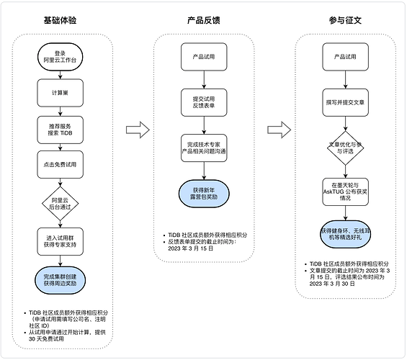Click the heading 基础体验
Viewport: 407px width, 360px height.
coord(60,20)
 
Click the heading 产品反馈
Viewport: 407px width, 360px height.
coord(204,20)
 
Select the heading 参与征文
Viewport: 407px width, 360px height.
coord(345,20)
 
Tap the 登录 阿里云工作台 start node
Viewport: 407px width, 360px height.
coord(61,57)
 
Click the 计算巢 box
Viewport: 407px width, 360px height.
coord(61,93)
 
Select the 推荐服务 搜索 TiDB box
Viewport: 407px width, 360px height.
coord(61,130)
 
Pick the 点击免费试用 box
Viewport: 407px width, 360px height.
coord(61,164)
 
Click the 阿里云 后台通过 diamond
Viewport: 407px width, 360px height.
coord(61,204)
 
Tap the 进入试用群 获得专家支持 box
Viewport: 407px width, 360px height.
coord(61,241)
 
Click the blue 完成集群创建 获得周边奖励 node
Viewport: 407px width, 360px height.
coord(61,280)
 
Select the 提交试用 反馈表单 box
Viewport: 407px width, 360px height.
coord(204,102)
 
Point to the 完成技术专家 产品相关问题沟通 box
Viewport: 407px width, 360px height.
coord(204,148)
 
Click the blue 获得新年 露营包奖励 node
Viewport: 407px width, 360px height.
coord(204,194)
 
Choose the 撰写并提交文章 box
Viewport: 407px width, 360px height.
coord(346,102)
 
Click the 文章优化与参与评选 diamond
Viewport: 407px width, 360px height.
coord(346,148)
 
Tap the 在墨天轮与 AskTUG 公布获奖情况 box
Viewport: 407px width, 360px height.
coord(346,192)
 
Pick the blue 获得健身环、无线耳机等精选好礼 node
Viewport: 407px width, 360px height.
coord(346,234)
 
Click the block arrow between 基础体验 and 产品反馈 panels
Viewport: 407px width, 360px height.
coord(138,130)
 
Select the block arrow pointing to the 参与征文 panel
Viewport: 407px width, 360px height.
coord(279,130)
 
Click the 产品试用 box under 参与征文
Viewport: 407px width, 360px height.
coord(346,57)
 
